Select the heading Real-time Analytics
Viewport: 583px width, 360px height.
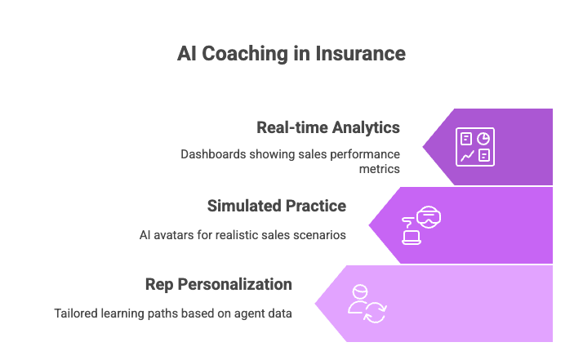(x=328, y=127)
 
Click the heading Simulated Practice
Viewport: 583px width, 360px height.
(x=277, y=206)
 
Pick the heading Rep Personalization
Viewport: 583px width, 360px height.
(x=219, y=284)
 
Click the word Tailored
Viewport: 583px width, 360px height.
(x=78, y=313)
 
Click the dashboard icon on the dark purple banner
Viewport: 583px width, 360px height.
(x=474, y=146)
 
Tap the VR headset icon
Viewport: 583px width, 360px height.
(x=427, y=217)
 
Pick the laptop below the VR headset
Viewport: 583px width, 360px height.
(x=411, y=237)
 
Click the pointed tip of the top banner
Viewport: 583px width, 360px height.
(x=424, y=147)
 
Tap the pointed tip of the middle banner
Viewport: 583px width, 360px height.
(x=370, y=224)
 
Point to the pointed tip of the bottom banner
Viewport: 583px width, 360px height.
(x=316, y=303)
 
